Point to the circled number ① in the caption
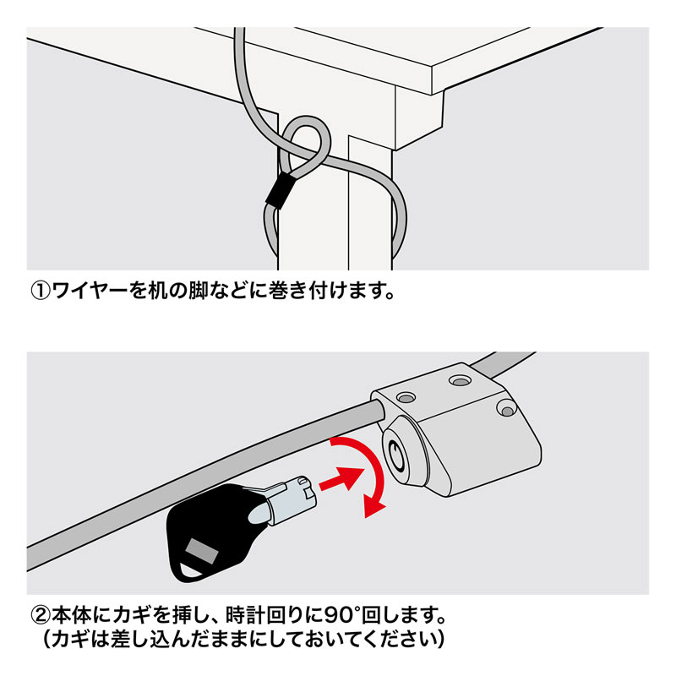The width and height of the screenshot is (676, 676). (x=42, y=292)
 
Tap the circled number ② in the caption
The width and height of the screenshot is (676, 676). (x=42, y=611)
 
